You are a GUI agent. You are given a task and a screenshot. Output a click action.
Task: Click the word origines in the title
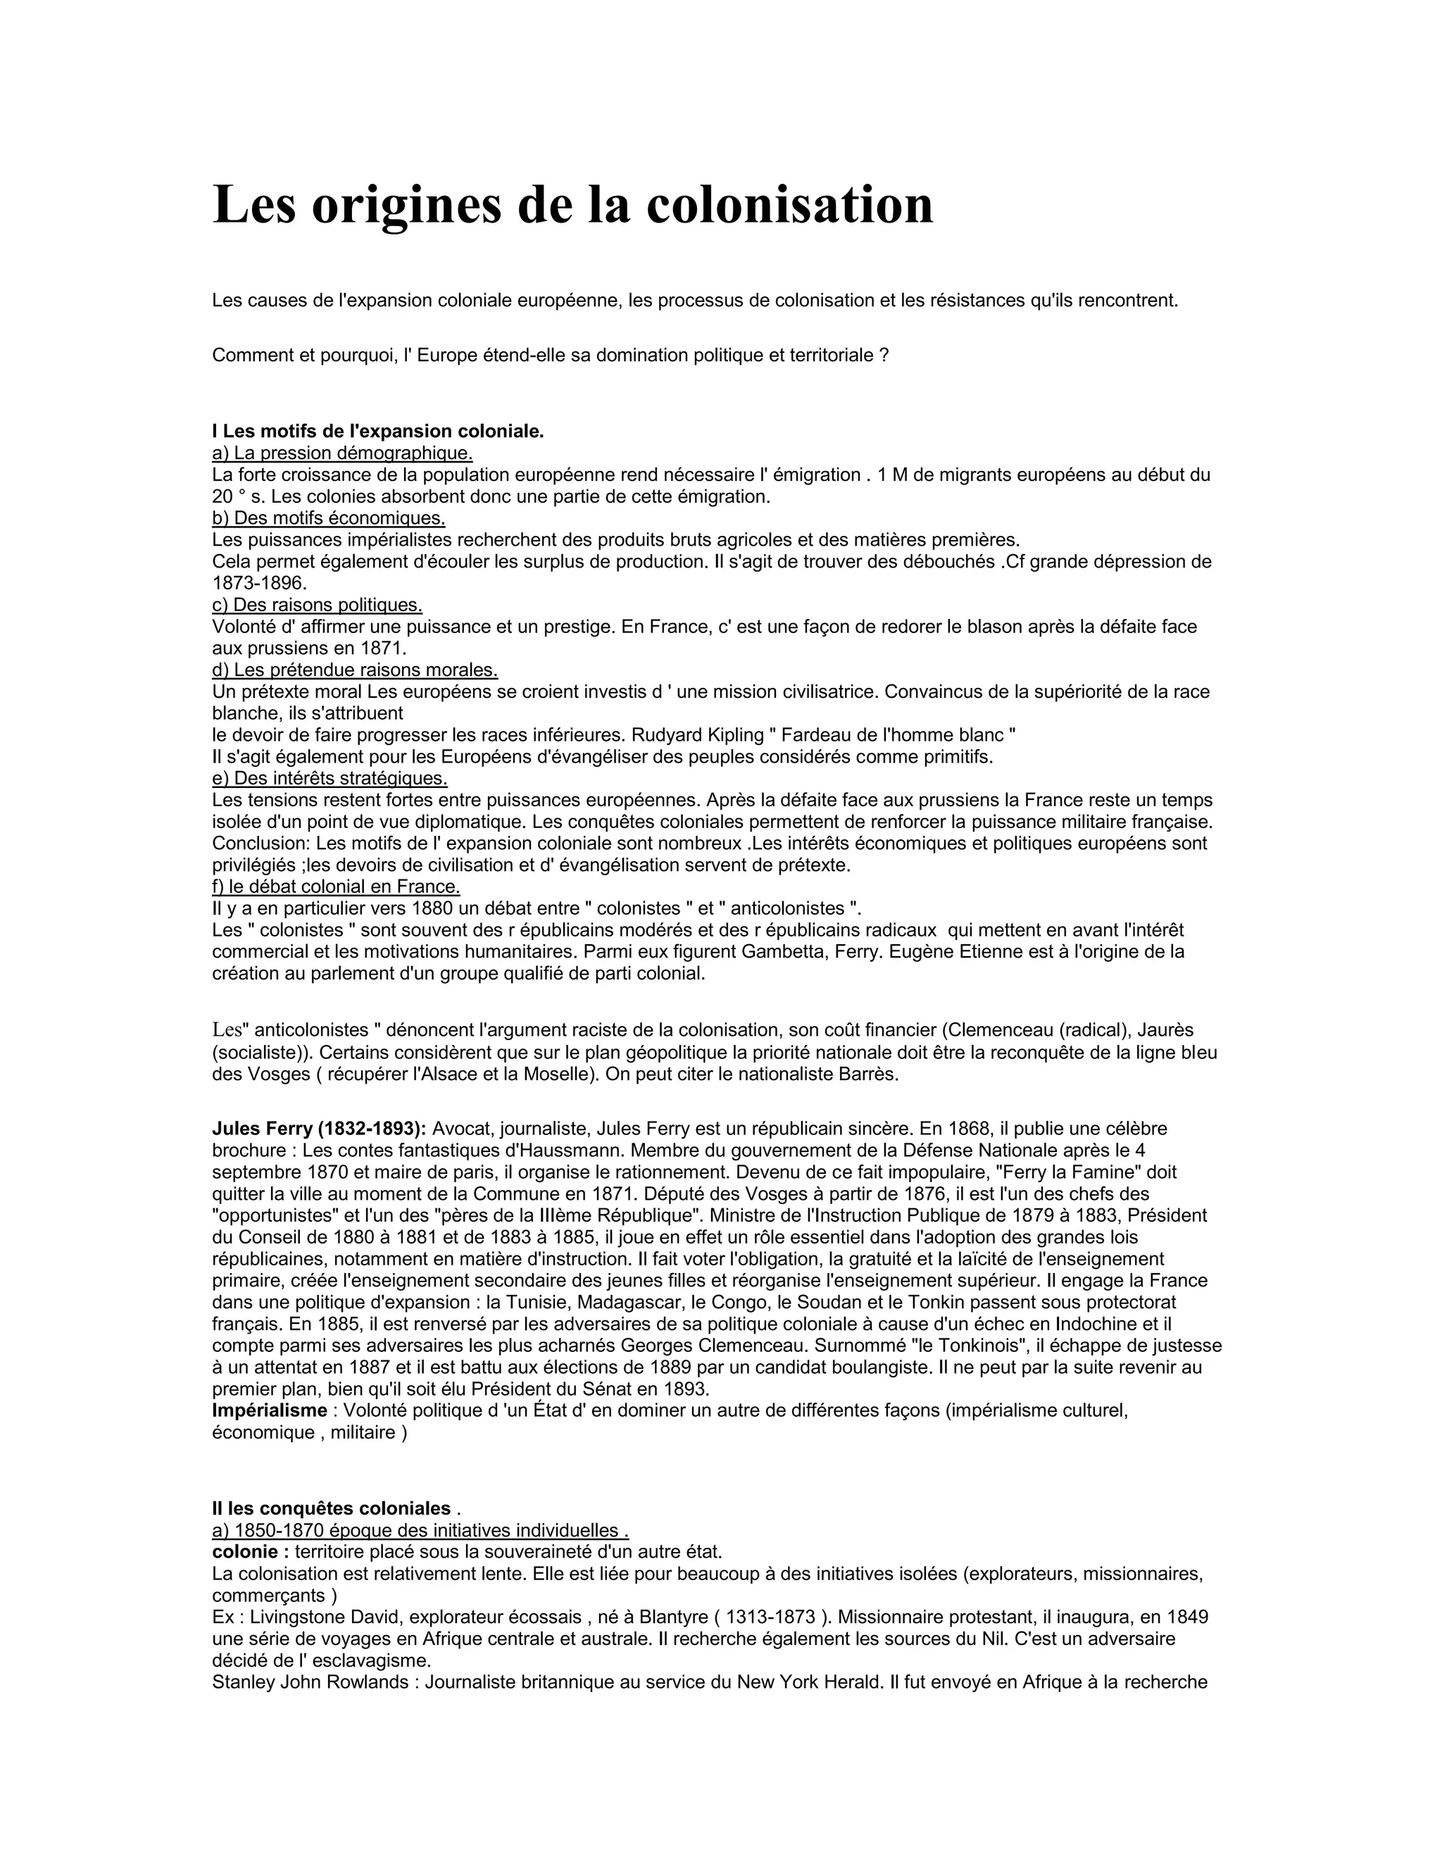tap(406, 206)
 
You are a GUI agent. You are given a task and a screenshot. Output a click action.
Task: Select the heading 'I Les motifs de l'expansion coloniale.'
tap(377, 432)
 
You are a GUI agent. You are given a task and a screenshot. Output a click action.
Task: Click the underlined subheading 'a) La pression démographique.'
tap(341, 453)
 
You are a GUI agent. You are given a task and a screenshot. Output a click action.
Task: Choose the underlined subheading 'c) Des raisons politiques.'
tap(317, 605)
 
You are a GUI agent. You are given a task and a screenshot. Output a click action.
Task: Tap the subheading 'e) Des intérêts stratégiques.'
tap(330, 778)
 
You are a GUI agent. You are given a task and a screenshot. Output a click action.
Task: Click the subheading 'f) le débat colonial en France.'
tap(336, 887)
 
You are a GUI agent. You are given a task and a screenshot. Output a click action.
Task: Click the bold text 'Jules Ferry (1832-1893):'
tap(319, 1129)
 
